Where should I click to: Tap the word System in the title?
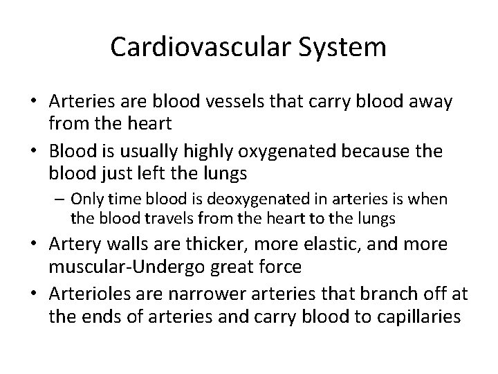[344, 47]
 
